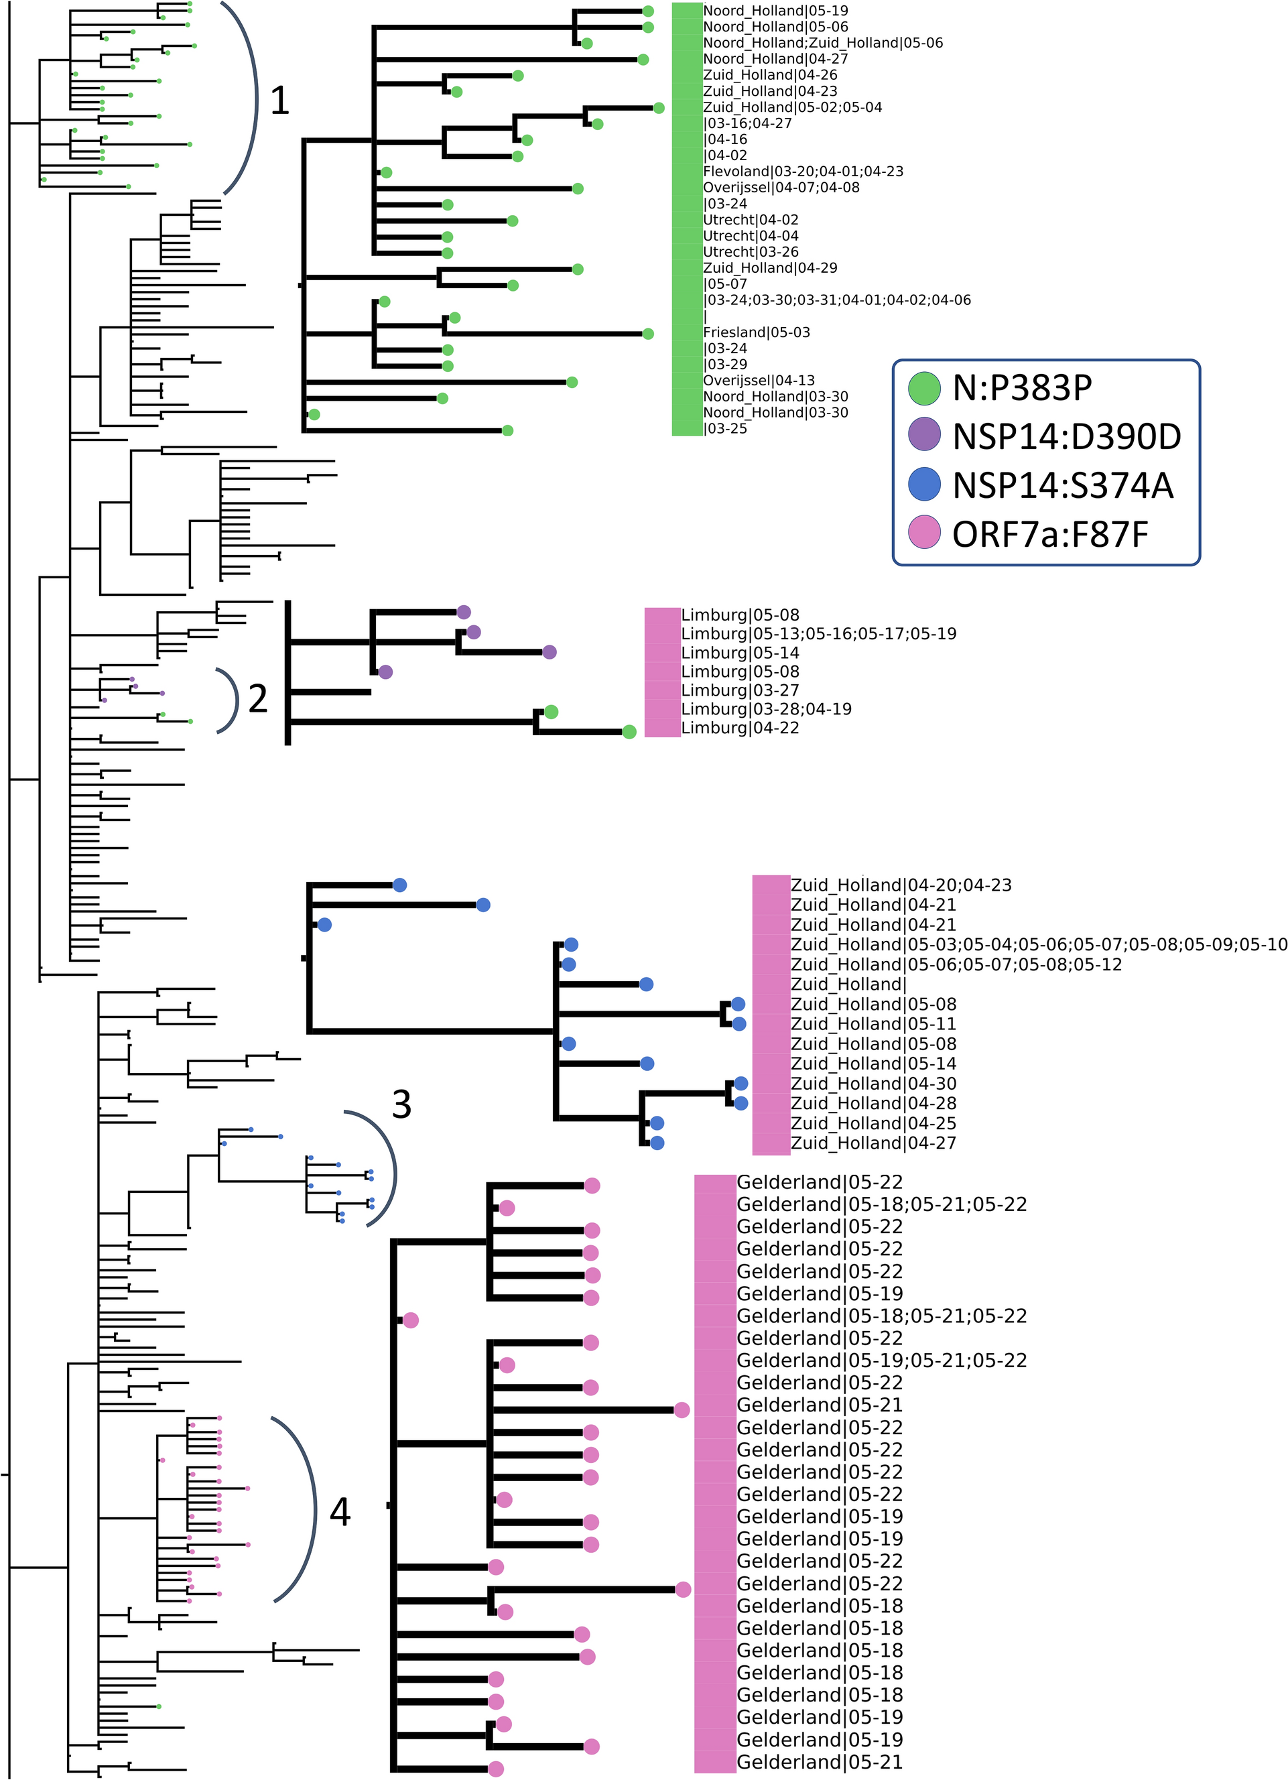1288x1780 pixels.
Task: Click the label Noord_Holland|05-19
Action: click(x=775, y=11)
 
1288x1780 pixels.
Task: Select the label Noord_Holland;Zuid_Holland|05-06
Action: click(x=822, y=43)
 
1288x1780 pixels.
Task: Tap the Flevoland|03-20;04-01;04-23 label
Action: click(x=803, y=172)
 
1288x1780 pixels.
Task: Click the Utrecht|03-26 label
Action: click(x=751, y=252)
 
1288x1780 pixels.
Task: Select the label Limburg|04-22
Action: click(x=739, y=728)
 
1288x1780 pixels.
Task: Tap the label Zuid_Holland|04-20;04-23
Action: click(x=900, y=885)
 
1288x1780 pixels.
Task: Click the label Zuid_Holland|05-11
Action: click(x=873, y=1024)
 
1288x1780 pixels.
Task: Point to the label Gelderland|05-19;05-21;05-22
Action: click(x=881, y=1360)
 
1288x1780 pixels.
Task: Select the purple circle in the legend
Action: click(x=924, y=435)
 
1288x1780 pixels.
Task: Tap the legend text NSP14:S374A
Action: click(x=1063, y=486)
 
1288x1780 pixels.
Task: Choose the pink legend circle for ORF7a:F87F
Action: click(x=924, y=533)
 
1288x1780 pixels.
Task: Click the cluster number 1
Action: click(x=280, y=101)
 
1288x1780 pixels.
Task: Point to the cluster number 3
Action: click(x=401, y=1105)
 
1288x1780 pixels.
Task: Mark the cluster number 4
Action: click(x=340, y=1511)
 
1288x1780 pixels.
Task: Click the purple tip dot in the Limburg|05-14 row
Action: click(x=550, y=652)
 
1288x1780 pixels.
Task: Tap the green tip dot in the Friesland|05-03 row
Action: click(x=648, y=334)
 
